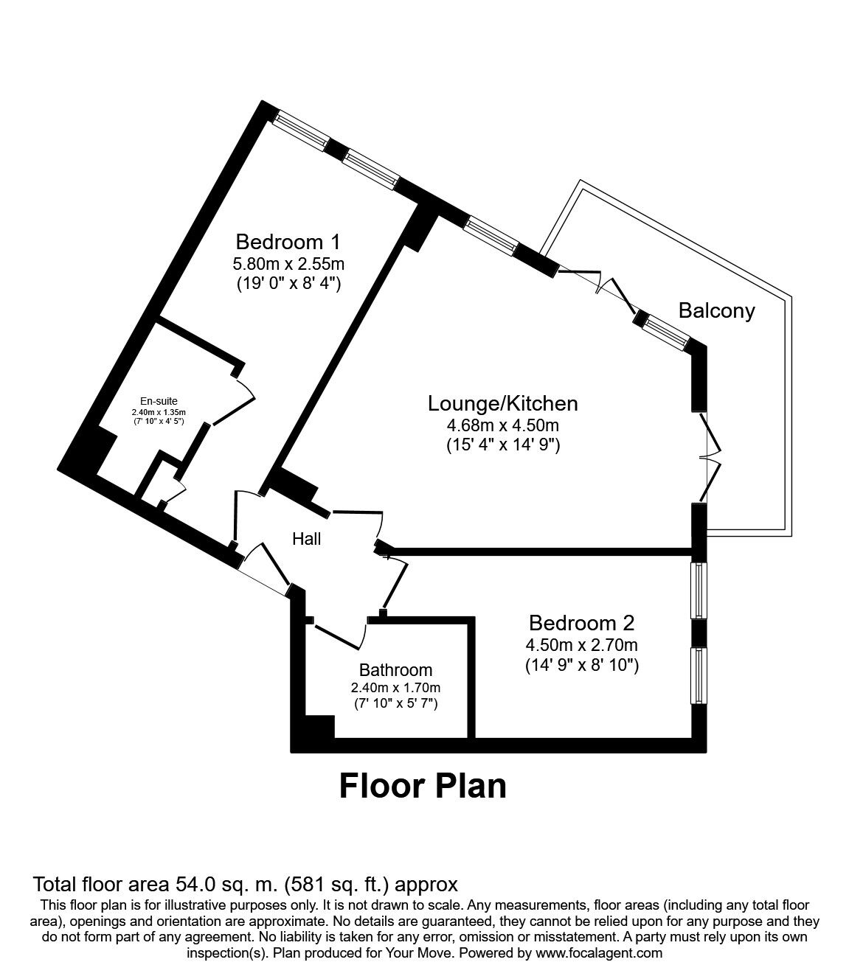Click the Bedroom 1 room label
(288, 241)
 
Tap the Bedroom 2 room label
(581, 623)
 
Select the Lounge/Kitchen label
(502, 403)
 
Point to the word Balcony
(716, 310)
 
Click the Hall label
(306, 539)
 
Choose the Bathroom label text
(395, 670)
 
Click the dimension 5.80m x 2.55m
(288, 263)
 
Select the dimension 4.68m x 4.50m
(503, 425)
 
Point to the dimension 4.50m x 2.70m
(581, 646)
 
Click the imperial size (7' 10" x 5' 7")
(395, 703)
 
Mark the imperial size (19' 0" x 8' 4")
(288, 283)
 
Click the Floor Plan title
(423, 786)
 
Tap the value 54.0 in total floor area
(198, 884)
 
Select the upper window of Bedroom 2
(698, 591)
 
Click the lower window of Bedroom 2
(698, 675)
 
